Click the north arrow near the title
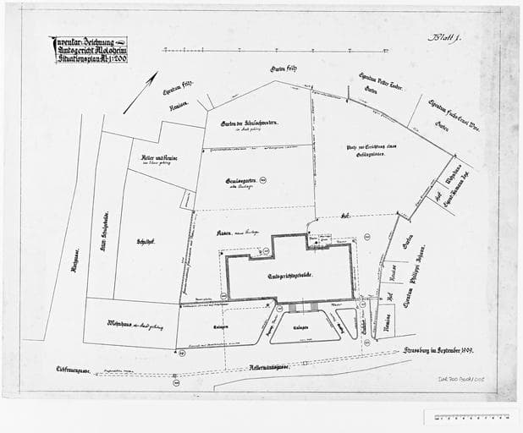pyautogui.click(x=140, y=92)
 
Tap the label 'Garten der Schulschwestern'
pyautogui.click(x=250, y=124)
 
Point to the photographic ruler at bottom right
pyautogui.click(x=471, y=416)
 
